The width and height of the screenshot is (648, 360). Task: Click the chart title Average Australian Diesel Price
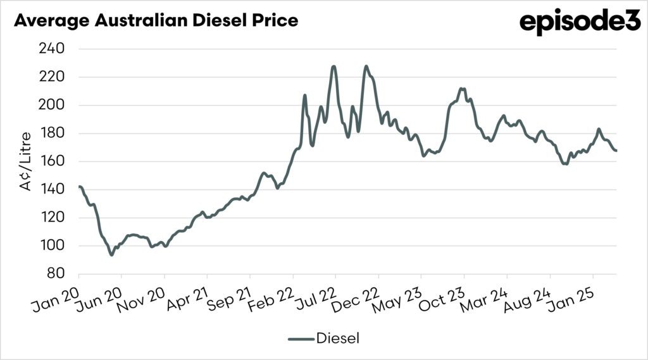coord(155,20)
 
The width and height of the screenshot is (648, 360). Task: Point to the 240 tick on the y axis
coord(54,49)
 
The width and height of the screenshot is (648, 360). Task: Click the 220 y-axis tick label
coord(54,77)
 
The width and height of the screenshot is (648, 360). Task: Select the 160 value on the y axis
coord(54,161)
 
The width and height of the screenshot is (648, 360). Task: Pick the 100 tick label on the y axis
coord(54,246)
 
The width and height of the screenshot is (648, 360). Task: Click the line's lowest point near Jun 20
coord(111,254)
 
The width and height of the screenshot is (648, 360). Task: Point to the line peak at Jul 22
coord(333,66)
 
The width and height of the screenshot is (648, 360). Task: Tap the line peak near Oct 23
coord(462,89)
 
